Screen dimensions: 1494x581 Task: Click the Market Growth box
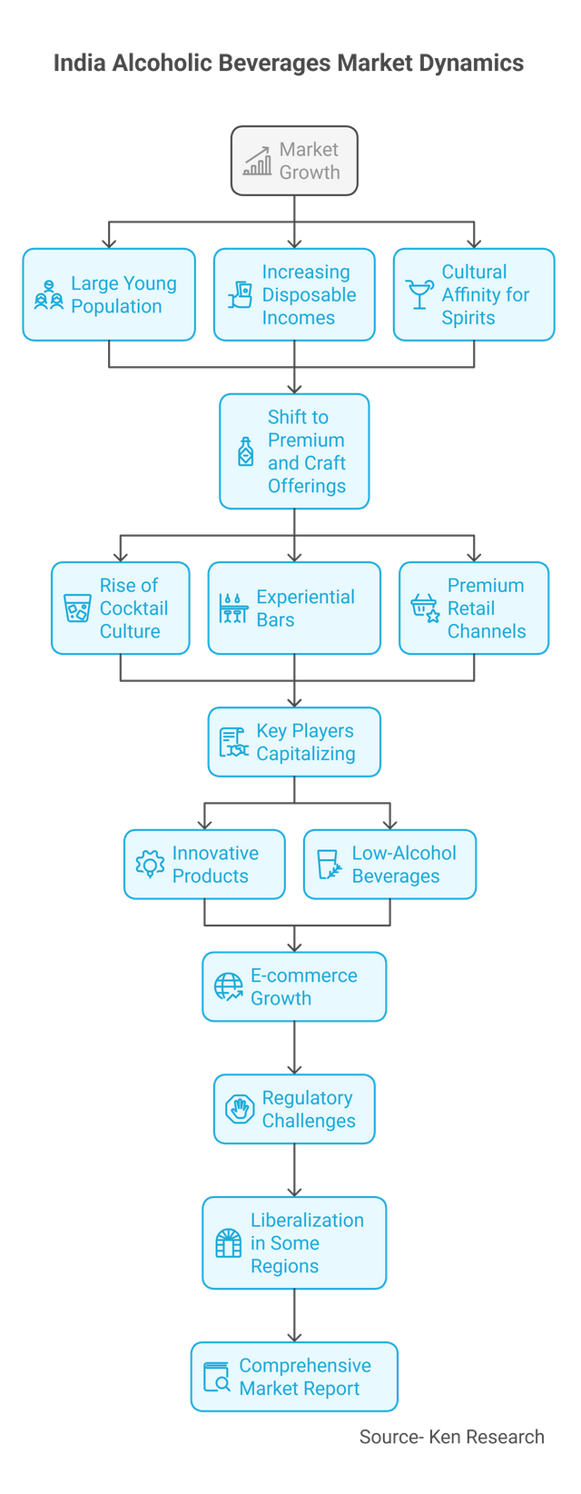pyautogui.click(x=294, y=161)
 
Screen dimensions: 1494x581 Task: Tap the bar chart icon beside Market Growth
pyautogui.click(x=258, y=161)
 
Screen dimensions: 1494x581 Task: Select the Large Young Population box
pyautogui.click(x=109, y=294)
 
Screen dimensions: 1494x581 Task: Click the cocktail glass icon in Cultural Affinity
pyautogui.click(x=419, y=294)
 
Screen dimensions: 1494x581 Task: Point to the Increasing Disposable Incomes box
pyautogui.click(x=294, y=294)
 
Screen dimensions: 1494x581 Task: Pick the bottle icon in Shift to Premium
pyautogui.click(x=246, y=451)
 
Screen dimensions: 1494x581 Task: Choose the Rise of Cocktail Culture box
pyautogui.click(x=121, y=608)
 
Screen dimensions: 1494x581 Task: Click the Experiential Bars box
pyautogui.click(x=294, y=608)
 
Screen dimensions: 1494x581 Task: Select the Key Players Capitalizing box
pyautogui.click(x=294, y=742)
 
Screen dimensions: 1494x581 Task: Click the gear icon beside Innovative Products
pyautogui.click(x=149, y=864)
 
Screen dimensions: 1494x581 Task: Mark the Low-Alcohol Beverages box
pyautogui.click(x=389, y=864)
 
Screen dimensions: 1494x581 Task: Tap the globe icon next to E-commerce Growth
pyautogui.click(x=228, y=986)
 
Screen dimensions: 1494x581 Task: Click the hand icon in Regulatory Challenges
pyautogui.click(x=240, y=1109)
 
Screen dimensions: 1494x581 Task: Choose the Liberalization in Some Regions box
pyautogui.click(x=294, y=1242)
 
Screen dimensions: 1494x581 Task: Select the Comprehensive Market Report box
pyautogui.click(x=294, y=1377)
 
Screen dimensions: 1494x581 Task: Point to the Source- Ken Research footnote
pyautogui.click(x=451, y=1436)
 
